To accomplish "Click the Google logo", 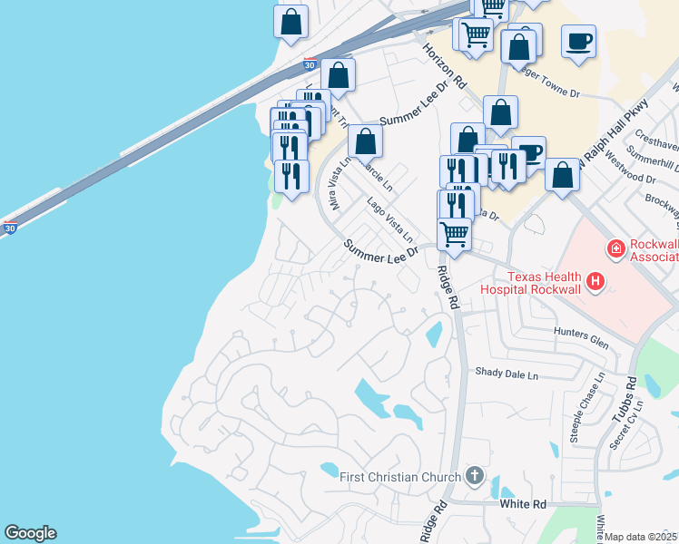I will [x=30, y=533].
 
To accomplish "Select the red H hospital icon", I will [x=595, y=283].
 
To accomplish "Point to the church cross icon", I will [x=473, y=476].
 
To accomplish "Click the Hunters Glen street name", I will [x=581, y=335].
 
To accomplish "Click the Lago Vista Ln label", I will [x=391, y=218].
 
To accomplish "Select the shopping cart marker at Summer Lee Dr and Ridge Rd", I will [x=454, y=233].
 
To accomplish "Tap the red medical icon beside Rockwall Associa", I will [x=615, y=247].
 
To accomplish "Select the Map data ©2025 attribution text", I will [x=641, y=537].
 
